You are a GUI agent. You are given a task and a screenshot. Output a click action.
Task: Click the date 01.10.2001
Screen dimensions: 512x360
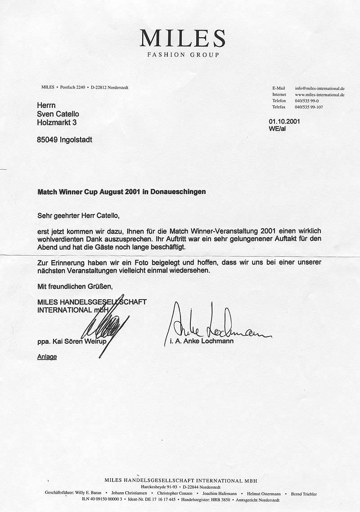pos(284,121)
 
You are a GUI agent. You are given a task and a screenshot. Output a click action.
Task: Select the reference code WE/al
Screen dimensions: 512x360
pos(277,129)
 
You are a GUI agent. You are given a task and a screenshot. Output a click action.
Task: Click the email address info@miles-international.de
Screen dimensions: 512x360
pos(319,88)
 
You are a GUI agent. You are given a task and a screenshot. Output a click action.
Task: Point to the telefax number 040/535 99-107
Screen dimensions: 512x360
pos(309,107)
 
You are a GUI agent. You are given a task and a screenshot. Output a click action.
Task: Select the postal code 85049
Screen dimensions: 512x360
pos(47,140)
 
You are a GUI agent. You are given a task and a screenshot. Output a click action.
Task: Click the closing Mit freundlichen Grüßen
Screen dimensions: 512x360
pos(74,286)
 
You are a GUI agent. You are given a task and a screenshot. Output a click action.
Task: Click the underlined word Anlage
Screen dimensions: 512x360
pos(47,357)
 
